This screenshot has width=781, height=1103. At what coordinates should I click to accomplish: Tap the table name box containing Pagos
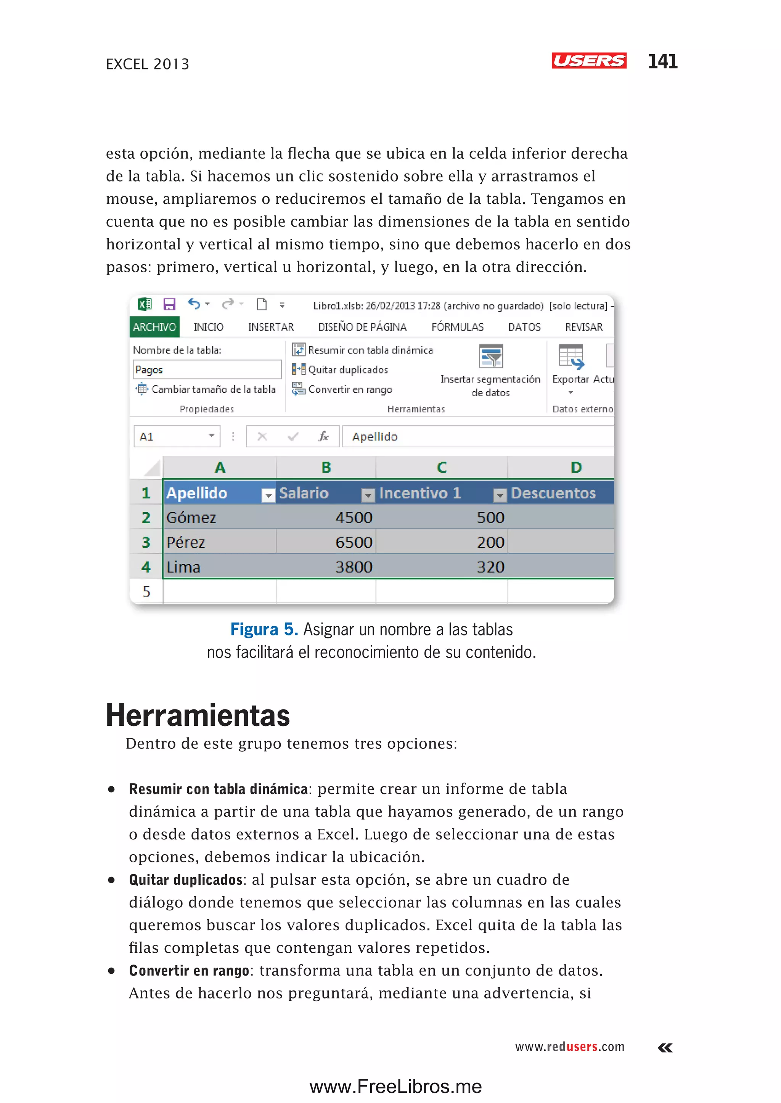(206, 370)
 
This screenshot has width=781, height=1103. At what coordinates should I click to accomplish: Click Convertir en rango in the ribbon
(342, 389)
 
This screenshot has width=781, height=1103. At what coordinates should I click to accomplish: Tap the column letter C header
(442, 467)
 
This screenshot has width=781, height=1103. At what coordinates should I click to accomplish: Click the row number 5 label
(146, 591)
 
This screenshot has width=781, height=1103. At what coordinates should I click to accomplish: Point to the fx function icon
(323, 436)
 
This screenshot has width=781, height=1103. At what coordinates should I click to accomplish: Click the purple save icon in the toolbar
(169, 304)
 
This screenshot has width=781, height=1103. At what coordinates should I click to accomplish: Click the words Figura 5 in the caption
(264, 629)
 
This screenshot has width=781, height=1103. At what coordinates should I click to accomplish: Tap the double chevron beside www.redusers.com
(665, 1047)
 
